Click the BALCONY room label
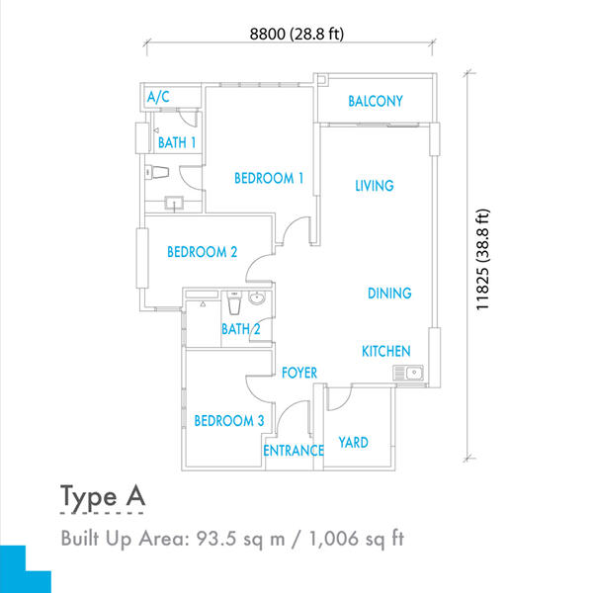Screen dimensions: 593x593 (376, 101)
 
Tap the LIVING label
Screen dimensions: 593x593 (375, 186)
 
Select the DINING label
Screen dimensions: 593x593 (389, 294)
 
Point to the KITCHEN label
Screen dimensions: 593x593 (386, 351)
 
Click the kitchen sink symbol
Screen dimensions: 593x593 (408, 373)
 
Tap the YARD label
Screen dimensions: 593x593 (353, 443)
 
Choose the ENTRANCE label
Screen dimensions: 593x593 (294, 451)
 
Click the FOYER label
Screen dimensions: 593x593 (299, 373)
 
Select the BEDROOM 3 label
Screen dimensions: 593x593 (229, 421)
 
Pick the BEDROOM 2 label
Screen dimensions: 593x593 (203, 252)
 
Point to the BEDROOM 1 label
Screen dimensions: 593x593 (269, 178)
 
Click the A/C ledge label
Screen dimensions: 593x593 (158, 97)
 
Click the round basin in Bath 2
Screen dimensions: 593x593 (257, 298)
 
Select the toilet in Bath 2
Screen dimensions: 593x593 (234, 303)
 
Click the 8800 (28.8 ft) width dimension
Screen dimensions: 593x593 (296, 34)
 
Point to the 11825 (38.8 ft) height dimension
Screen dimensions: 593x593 (482, 260)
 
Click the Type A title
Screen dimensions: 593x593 (103, 497)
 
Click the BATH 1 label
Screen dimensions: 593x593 (177, 142)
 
